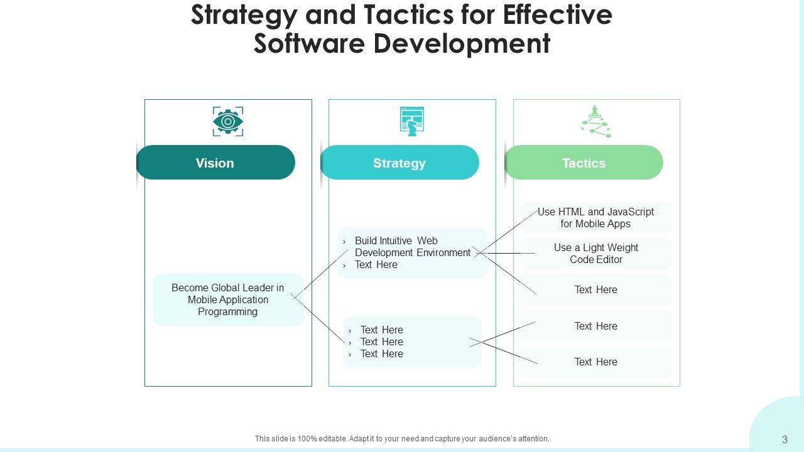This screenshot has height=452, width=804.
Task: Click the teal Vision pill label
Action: [215, 163]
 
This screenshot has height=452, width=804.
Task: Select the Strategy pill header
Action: [399, 163]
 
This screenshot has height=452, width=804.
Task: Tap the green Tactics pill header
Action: [584, 163]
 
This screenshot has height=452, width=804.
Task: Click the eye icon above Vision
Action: [228, 121]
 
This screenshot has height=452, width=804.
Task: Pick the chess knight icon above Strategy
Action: [412, 121]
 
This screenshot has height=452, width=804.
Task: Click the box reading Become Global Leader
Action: [228, 299]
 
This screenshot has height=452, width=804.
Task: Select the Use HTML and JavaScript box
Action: [595, 218]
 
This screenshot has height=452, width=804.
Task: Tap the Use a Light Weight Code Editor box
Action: [595, 254]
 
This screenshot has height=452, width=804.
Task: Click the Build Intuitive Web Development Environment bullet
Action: [412, 247]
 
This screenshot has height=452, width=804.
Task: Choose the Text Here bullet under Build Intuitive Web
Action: [376, 265]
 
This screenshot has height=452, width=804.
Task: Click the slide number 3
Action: [785, 439]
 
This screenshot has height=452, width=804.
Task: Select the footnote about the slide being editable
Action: [402, 439]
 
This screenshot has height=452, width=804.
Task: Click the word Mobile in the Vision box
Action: [202, 299]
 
